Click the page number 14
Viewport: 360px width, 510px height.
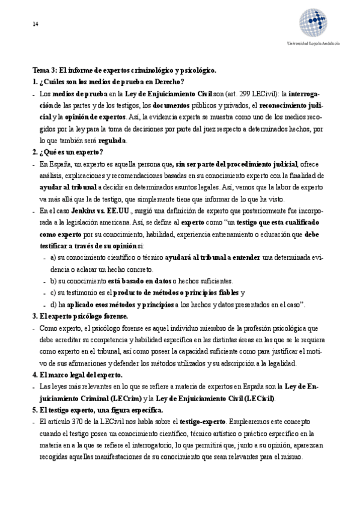pos(35,23)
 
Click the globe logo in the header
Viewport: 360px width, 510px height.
pos(314,23)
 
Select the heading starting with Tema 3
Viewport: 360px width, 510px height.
pos(124,70)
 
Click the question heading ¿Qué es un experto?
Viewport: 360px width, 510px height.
pos(71,152)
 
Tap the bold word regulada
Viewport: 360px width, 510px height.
pos(112,141)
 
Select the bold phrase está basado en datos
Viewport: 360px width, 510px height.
pos(141,281)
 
